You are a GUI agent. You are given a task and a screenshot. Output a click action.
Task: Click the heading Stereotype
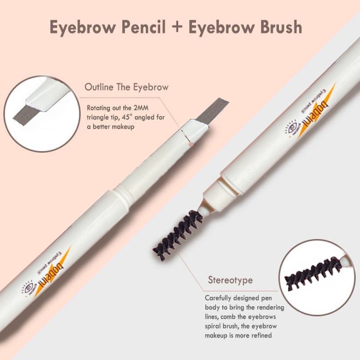coord(230,280)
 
